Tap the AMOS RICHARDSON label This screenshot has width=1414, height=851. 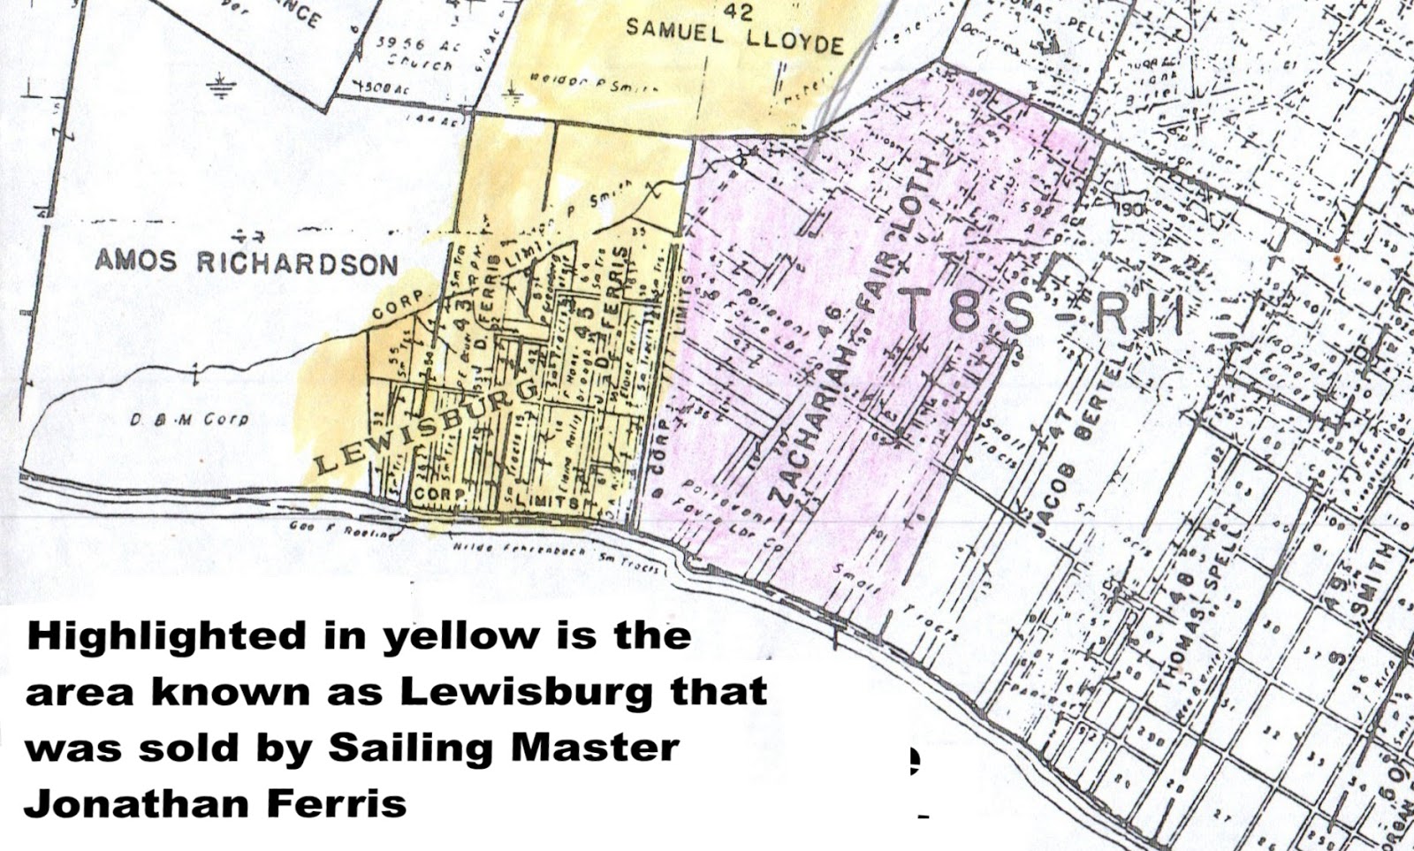tap(247, 262)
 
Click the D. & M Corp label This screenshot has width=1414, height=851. tap(189, 420)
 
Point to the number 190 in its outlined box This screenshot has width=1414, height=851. tap(1128, 209)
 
